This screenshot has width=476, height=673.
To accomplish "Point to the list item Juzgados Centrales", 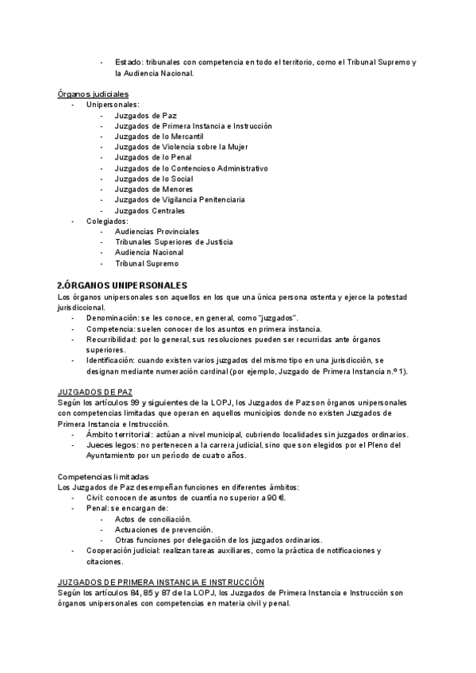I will (x=150, y=211).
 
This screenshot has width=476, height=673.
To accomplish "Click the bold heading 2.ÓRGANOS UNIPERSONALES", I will (x=122, y=284).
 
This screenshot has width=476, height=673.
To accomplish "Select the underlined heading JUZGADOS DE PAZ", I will (x=95, y=393).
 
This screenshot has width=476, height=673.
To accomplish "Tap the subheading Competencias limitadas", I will (x=102, y=476).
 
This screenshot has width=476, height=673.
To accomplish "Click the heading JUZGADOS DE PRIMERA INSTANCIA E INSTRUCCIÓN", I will (x=161, y=582).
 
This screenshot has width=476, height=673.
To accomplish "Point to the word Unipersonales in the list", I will (x=113, y=105).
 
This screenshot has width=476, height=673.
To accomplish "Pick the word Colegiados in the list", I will (x=107, y=221).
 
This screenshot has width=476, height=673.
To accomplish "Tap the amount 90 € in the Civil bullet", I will (x=277, y=498).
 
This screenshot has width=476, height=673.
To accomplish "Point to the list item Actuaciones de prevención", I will (x=163, y=529).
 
